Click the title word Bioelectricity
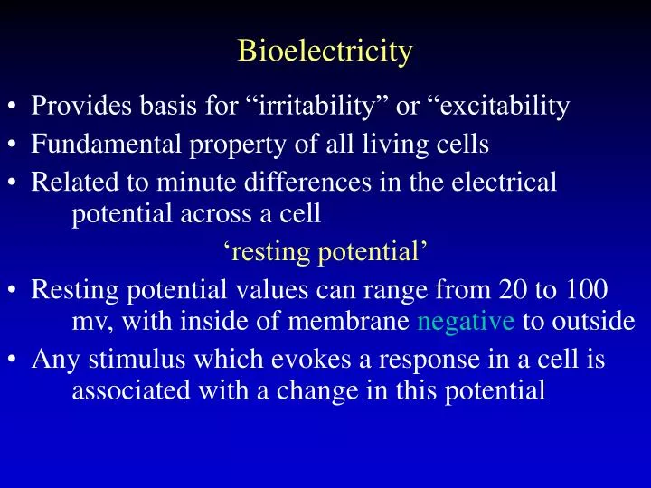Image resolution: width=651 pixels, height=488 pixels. (325, 51)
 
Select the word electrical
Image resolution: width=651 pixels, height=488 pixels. (509, 183)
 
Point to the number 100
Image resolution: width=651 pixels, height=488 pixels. (588, 291)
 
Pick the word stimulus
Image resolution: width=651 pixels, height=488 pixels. (123, 360)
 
